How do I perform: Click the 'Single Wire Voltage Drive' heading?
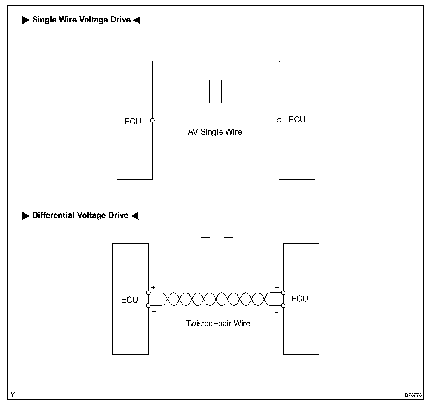pos(81,20)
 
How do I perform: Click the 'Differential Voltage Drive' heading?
pos(80,215)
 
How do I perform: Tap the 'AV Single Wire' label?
pos(215,132)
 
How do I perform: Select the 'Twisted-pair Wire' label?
pos(218,324)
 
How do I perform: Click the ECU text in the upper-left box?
pos(133,122)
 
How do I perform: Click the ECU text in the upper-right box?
pos(297,120)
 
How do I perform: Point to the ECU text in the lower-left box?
pos(129,300)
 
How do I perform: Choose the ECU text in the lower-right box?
pos(300,298)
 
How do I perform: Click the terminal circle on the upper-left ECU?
pos(152,120)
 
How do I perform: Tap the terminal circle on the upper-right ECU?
pos(279,120)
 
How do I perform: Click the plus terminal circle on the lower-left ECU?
pos(148,293)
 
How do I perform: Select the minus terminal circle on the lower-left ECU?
pos(148,305)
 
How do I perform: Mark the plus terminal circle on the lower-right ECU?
pos(283,293)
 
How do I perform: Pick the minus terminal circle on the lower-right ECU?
pos(283,305)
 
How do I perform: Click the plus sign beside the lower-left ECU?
pos(154,287)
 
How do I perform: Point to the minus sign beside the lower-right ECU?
pos(276,312)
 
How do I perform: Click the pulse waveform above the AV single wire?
pos(216,92)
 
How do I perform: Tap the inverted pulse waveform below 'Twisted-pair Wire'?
pos(217,348)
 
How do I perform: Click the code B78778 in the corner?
pos(413,395)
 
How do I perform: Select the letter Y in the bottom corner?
pos(13,395)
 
